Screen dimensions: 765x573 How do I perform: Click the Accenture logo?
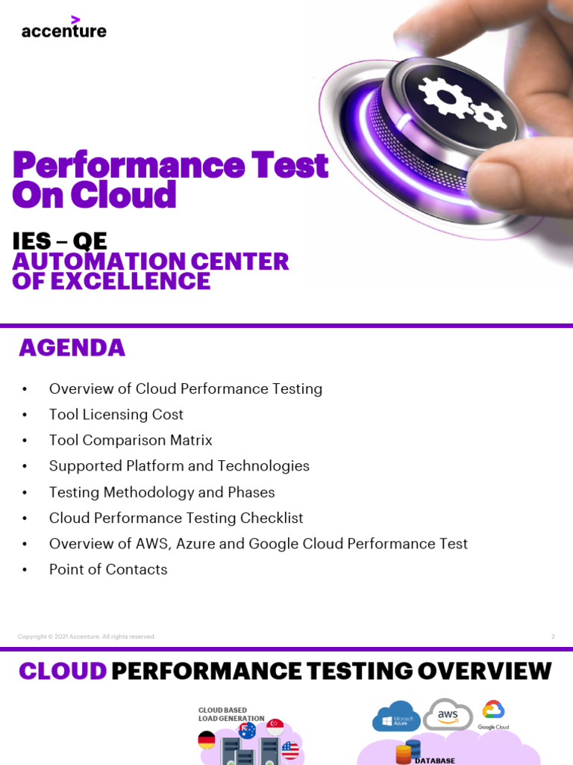63,28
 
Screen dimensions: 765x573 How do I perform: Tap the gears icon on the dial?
451,102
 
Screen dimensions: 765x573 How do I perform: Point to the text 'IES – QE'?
60,241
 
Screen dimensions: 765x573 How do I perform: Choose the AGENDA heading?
72,347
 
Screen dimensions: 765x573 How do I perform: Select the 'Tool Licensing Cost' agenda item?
116,415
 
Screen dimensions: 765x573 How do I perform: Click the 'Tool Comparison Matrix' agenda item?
131,440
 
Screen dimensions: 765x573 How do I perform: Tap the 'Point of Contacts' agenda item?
108,569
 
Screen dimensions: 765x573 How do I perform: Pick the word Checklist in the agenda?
272,518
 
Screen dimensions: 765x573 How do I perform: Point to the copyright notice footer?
87,637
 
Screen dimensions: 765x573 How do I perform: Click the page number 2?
553,637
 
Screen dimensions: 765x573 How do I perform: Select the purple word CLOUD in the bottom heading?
63,671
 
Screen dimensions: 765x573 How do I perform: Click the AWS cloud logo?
448,715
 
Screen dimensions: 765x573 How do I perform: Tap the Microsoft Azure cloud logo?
396,716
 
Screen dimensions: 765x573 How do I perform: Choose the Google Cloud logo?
493,714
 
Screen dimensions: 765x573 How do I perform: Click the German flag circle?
207,740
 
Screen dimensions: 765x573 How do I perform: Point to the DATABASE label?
434,761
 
